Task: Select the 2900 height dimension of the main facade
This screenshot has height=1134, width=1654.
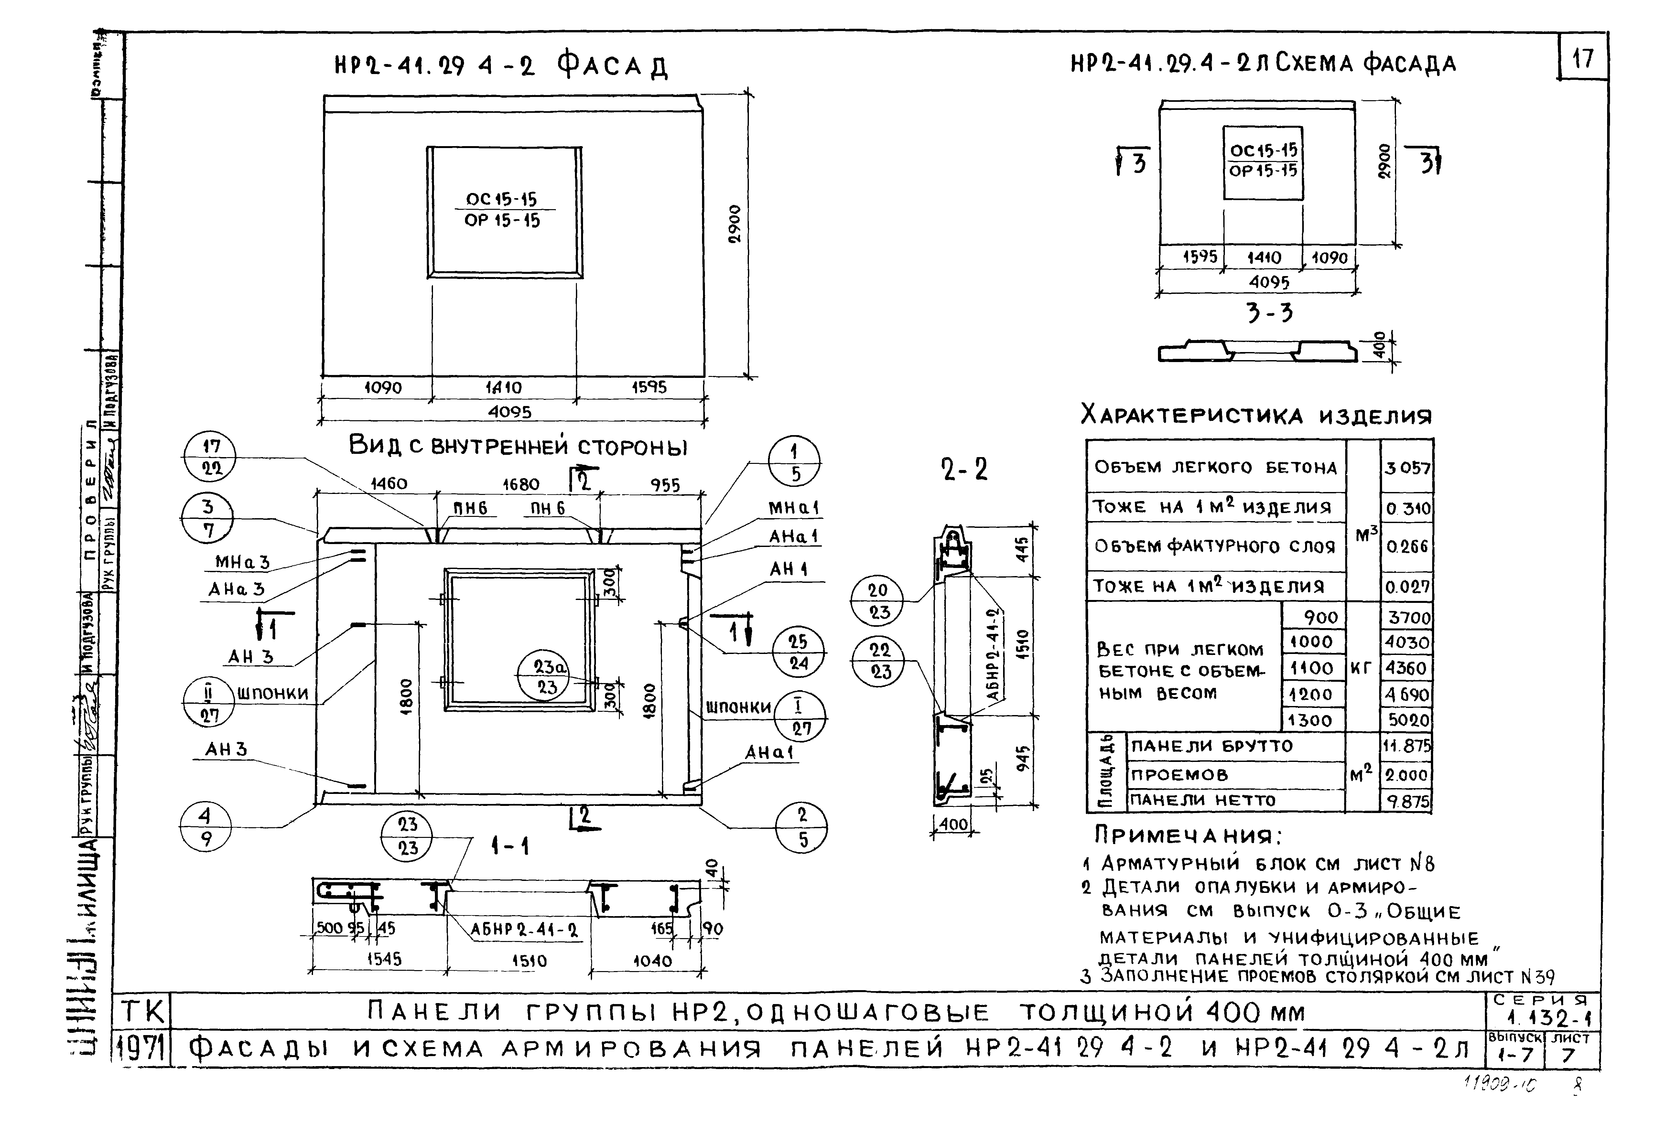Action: (734, 224)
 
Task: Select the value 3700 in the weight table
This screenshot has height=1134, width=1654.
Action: (1407, 617)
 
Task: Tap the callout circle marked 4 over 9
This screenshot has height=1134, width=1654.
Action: (206, 827)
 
